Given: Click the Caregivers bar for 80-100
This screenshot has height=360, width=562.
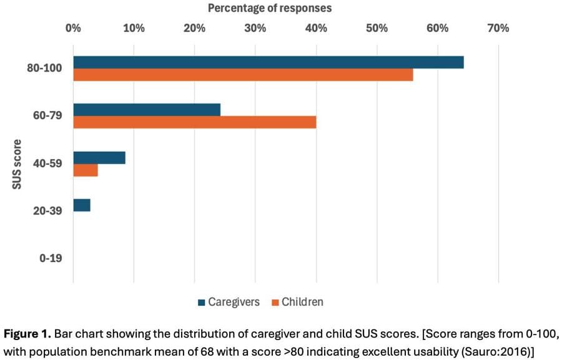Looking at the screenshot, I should click(269, 62).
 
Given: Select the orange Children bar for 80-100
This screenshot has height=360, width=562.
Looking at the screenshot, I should click(243, 75).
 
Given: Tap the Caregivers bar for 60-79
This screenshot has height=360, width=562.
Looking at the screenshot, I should click(147, 110).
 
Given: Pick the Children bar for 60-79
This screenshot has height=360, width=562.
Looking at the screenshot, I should click(195, 122).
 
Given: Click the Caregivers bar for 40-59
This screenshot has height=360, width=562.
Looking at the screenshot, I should click(99, 157).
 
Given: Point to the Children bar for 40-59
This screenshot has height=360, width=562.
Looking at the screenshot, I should click(86, 170).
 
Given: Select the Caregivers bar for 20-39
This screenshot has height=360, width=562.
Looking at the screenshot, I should click(82, 205).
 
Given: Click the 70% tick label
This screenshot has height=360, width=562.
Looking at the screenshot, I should click(498, 28).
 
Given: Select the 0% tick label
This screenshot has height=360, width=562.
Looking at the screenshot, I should click(73, 28).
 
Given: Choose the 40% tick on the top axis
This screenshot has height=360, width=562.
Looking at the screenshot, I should click(316, 28).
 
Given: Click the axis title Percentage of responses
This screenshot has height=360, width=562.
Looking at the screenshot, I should click(270, 8).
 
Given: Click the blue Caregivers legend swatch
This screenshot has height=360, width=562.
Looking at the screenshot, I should click(201, 303).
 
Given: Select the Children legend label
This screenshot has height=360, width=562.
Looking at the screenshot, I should click(302, 303).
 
